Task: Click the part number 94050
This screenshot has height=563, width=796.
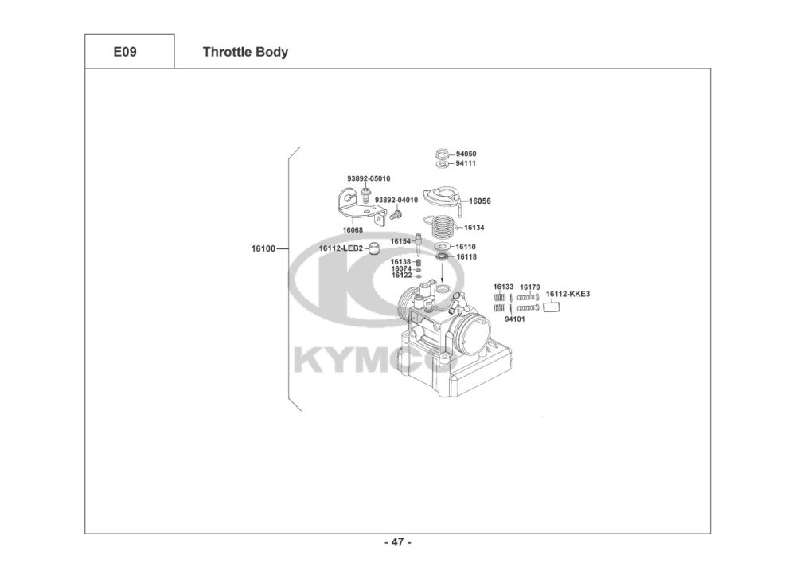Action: (x=466, y=154)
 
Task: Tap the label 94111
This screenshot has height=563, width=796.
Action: (x=466, y=163)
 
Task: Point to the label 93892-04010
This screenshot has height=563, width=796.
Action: (x=396, y=200)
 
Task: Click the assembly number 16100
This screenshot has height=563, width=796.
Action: (x=263, y=248)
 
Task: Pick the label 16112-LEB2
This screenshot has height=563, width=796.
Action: (x=341, y=248)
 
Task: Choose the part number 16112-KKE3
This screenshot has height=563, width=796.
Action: (x=568, y=294)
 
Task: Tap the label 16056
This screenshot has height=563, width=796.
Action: (x=480, y=201)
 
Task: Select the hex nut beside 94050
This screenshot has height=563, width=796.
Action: (x=443, y=153)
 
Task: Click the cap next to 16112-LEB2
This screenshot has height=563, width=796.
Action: (x=373, y=248)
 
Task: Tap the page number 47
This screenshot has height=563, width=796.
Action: (x=397, y=543)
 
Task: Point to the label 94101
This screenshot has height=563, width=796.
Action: (x=514, y=319)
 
